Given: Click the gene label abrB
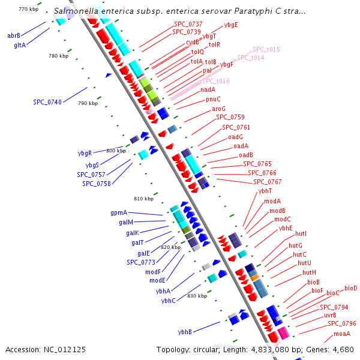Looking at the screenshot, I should tap(14, 35).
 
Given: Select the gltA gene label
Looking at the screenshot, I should tap(20, 44).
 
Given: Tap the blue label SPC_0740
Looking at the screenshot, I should tap(47, 103).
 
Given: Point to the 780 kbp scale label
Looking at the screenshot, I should tap(59, 56).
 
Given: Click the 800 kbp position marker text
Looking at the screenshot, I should tap(116, 151).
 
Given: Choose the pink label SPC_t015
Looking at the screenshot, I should tap(266, 49).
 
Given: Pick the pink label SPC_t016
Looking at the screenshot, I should tap(215, 81).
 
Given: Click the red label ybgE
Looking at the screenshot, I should tap(231, 25).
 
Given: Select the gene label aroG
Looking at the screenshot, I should tap(219, 109).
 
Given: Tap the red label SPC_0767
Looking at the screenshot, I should tap(267, 182).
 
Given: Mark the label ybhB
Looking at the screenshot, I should tap(185, 332).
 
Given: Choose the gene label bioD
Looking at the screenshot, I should tap(351, 288).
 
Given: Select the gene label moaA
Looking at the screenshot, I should tap(342, 334).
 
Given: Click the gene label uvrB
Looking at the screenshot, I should tap(330, 315).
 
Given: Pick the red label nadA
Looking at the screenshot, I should tap(208, 90).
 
